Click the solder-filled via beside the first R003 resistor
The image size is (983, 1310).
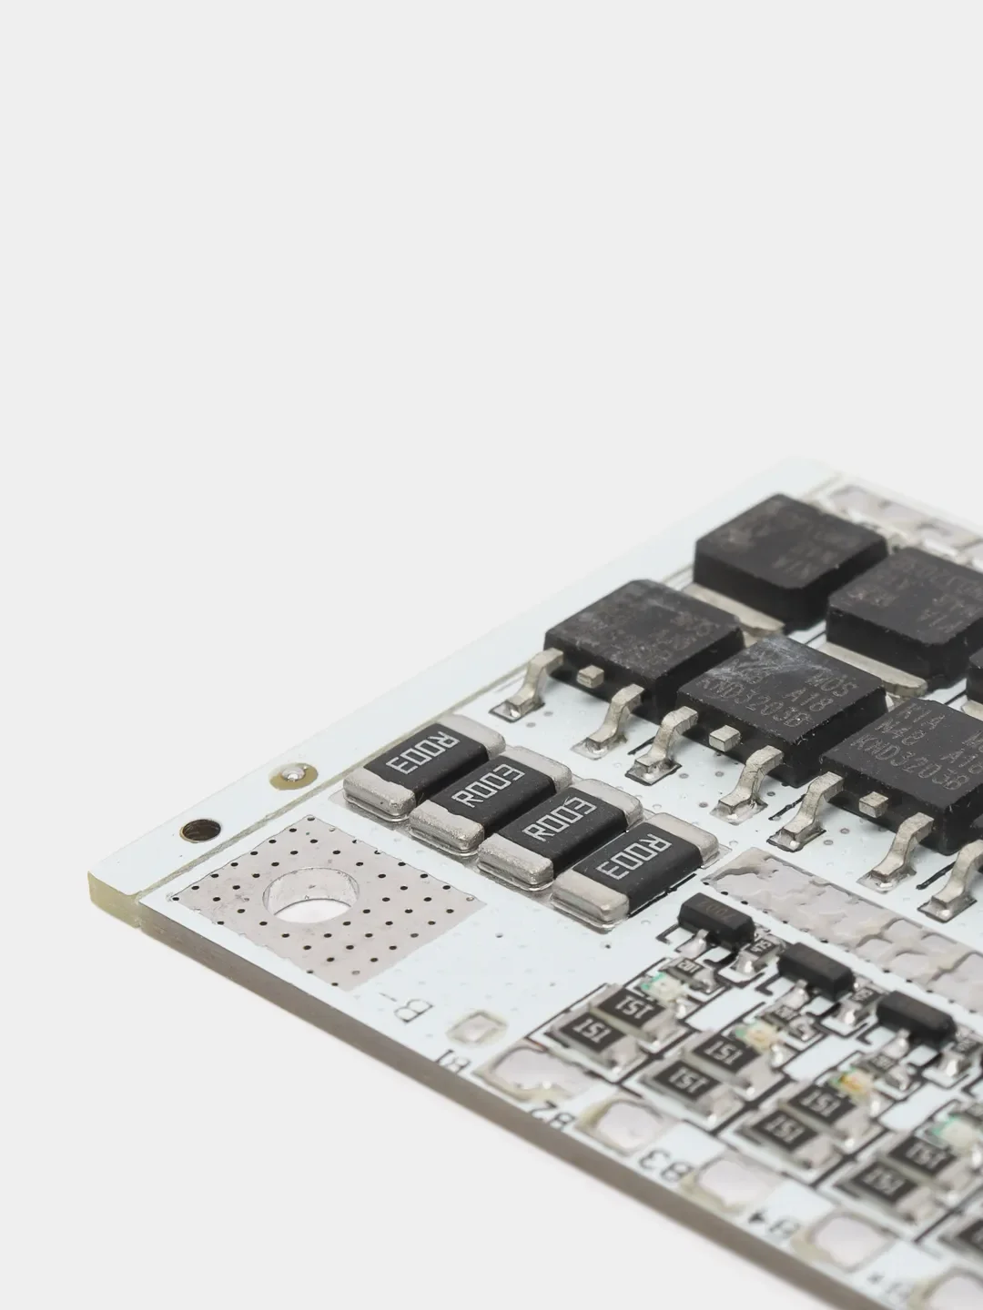[293, 776]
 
